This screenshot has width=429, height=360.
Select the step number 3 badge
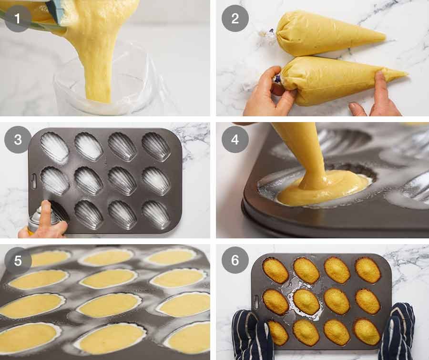(18, 140)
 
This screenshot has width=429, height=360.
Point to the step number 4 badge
(235, 140)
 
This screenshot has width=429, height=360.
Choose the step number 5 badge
(18, 260)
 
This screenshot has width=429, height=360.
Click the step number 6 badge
(235, 260)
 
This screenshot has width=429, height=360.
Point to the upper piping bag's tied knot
(270, 35)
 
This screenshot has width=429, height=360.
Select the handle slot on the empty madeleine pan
(33, 181)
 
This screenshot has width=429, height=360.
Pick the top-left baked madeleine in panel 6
(275, 270)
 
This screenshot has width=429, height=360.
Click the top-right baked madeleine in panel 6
(368, 270)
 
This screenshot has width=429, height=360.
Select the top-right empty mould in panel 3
(156, 146)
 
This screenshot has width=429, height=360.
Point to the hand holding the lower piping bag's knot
(269, 95)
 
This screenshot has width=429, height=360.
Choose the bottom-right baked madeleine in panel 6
(367, 331)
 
